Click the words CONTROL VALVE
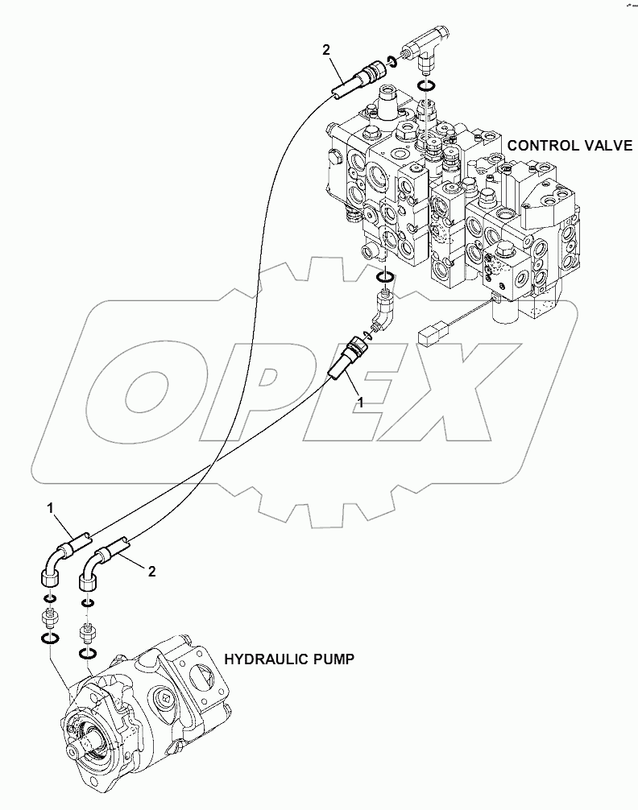pos(564,145)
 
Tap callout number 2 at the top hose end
pos(326,50)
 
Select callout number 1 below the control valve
pos(360,401)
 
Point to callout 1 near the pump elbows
pos(50,508)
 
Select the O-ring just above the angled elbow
pos(386,278)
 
